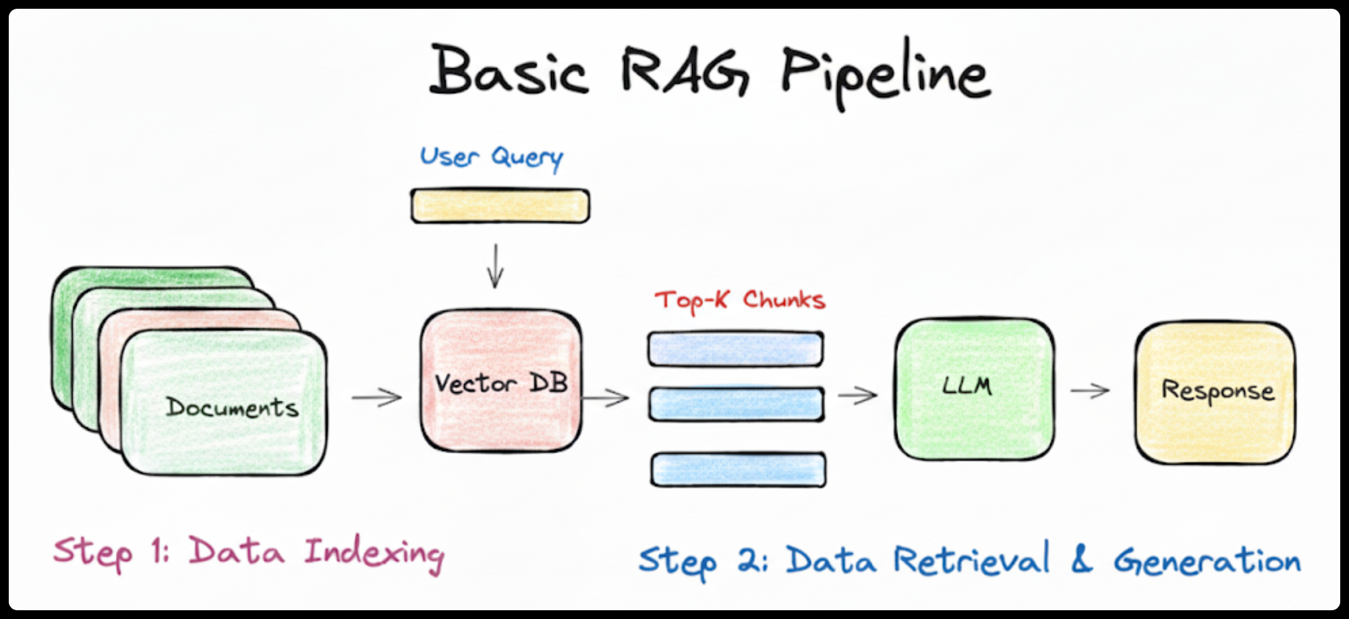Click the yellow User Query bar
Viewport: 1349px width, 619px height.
[x=500, y=206]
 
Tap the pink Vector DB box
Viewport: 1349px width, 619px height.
[x=501, y=380]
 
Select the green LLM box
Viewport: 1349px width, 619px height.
[x=975, y=389]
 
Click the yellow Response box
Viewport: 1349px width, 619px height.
[x=1215, y=393]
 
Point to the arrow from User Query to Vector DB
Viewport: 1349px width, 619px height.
[x=496, y=266]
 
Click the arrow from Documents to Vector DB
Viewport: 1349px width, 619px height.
[x=376, y=397]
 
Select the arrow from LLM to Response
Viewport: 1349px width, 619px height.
[x=1090, y=390]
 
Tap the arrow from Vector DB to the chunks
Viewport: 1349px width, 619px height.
[x=606, y=397]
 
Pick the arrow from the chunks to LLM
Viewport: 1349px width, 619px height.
[x=857, y=394]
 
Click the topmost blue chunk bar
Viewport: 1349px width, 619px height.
[x=735, y=349]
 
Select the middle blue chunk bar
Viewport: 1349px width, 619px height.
[x=736, y=404]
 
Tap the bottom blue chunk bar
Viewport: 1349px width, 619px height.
[x=739, y=469]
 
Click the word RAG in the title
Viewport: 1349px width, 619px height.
[x=684, y=70]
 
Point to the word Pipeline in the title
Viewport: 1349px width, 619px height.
[x=886, y=73]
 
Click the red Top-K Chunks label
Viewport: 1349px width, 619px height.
[x=740, y=301]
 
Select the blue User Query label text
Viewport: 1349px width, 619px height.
[x=491, y=158]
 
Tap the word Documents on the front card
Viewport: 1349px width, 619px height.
[x=232, y=407]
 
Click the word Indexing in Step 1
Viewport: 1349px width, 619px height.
[x=374, y=554]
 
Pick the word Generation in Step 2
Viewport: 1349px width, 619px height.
[x=1207, y=561]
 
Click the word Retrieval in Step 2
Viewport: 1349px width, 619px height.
[x=972, y=559]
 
